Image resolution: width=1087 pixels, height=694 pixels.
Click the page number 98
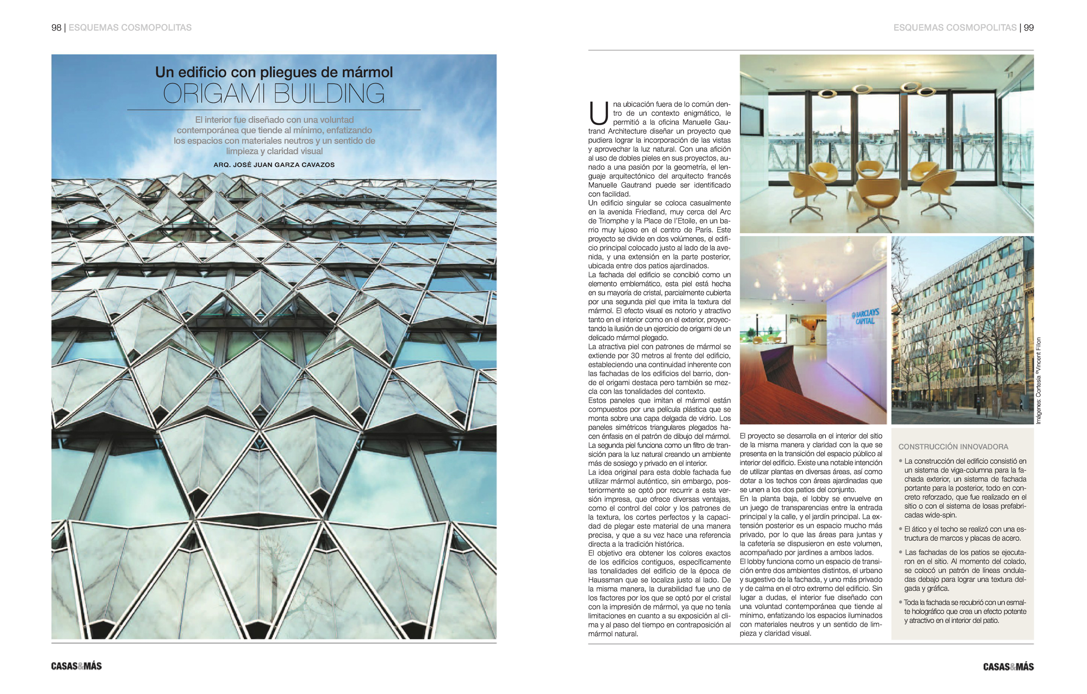pyautogui.click(x=56, y=28)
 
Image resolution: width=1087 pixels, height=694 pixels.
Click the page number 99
pyautogui.click(x=1028, y=28)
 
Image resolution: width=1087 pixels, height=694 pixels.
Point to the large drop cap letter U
pyautogui.click(x=599, y=113)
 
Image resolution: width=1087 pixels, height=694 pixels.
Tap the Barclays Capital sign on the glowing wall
pyautogui.click(x=865, y=317)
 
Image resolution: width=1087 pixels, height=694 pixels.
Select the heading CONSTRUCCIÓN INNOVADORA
pyautogui.click(x=953, y=447)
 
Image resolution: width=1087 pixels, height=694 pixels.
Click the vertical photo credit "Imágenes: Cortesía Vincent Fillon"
pyautogui.click(x=1039, y=381)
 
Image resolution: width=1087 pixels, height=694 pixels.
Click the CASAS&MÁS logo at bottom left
pyautogui.click(x=76, y=666)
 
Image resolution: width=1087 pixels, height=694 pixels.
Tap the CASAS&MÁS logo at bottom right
pyautogui.click(x=1008, y=666)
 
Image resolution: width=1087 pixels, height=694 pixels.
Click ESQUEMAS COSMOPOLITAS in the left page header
pyautogui.click(x=130, y=28)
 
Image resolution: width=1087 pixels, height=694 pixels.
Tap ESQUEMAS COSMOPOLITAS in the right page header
pyautogui.click(x=955, y=28)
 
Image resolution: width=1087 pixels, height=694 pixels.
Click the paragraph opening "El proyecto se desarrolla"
pyautogui.click(x=811, y=463)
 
